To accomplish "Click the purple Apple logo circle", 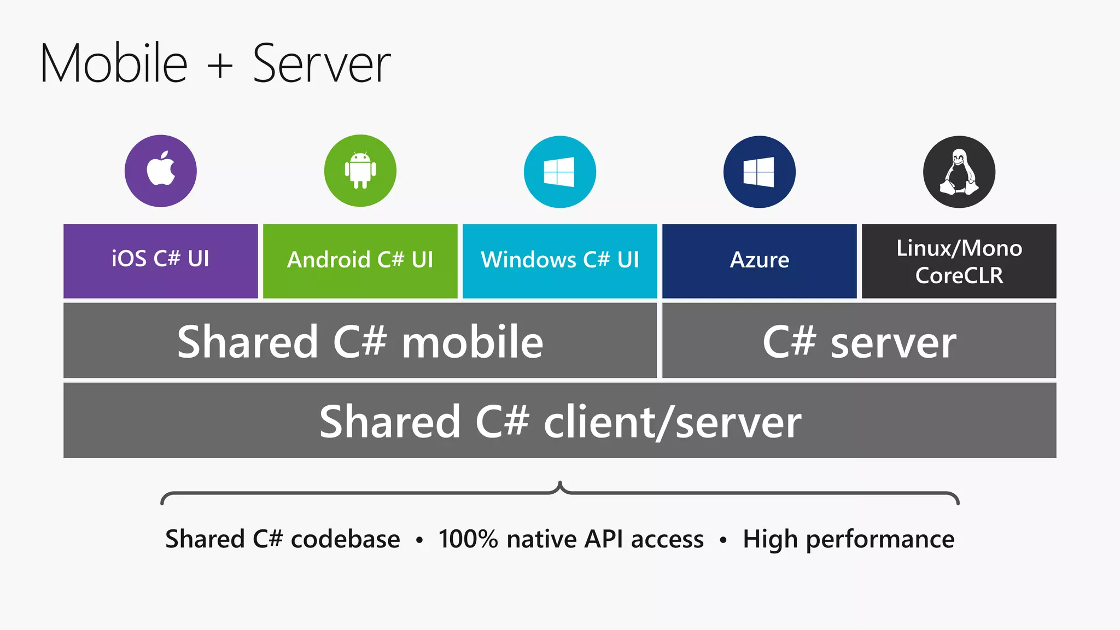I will (x=161, y=171).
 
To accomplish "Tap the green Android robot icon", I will (x=360, y=171).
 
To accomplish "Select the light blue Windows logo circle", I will (x=560, y=172).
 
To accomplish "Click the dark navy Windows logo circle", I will (x=759, y=172).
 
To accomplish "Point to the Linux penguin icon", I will (x=959, y=172).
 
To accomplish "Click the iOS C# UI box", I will (x=161, y=261).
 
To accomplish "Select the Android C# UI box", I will (x=360, y=261).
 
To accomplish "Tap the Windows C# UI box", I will (x=560, y=261).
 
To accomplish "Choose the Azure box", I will (x=759, y=261).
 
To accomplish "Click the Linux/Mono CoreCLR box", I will (x=959, y=261).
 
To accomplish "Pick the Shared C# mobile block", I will (x=360, y=341).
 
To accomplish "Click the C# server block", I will (x=859, y=341).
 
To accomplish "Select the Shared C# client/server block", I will (x=560, y=421).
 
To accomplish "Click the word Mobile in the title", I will (x=114, y=64).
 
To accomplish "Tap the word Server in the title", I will (x=322, y=64).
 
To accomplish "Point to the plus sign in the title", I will (x=220, y=66).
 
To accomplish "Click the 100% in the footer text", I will (x=468, y=539).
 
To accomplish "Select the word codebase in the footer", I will (x=345, y=539).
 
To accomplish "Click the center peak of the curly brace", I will (x=560, y=485).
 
